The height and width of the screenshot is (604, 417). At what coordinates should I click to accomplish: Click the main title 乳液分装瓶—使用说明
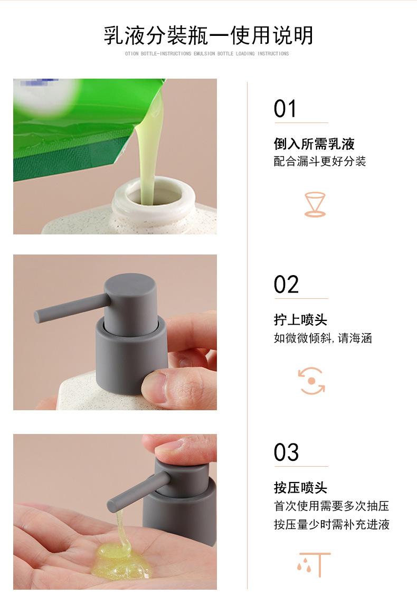tap(208, 35)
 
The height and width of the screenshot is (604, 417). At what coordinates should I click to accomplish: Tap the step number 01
tap(285, 109)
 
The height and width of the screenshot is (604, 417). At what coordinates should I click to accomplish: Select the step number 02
tap(286, 285)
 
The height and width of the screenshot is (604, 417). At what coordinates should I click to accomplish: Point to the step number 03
tap(286, 452)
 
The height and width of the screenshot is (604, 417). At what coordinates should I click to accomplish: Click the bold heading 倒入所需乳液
tap(314, 144)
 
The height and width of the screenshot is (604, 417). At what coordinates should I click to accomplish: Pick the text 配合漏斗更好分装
tap(319, 161)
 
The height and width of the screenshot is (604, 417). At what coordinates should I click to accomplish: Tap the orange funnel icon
tap(315, 204)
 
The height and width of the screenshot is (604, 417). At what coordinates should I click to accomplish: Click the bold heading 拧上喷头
tap(300, 320)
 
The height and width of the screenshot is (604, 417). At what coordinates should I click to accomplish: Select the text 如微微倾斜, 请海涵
tap(323, 338)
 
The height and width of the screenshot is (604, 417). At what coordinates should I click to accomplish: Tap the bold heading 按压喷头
tap(300, 488)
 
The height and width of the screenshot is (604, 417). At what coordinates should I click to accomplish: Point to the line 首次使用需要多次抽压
tap(331, 506)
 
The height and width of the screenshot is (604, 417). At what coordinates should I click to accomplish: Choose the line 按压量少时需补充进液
tap(331, 524)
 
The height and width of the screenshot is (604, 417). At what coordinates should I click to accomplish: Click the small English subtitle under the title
tap(207, 53)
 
